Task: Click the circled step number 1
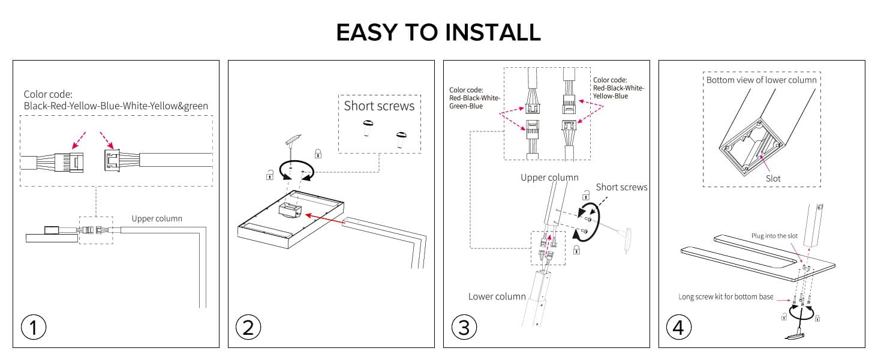[34, 328]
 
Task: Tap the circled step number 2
[248, 328]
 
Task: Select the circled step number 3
[464, 328]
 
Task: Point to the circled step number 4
[678, 328]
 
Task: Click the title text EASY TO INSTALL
[438, 32]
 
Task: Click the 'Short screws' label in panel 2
[379, 106]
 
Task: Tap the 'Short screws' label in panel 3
[621, 187]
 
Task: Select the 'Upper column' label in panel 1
[157, 218]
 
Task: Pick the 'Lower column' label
[497, 296]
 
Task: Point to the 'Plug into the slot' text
[774, 236]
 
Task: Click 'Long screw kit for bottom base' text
[726, 296]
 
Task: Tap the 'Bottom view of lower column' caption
[761, 80]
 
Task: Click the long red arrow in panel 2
[323, 219]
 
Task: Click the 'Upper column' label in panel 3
[549, 178]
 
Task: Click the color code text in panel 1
[116, 100]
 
